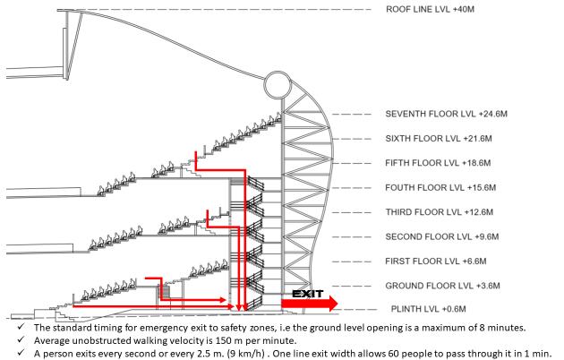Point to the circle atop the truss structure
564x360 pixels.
(276, 89)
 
